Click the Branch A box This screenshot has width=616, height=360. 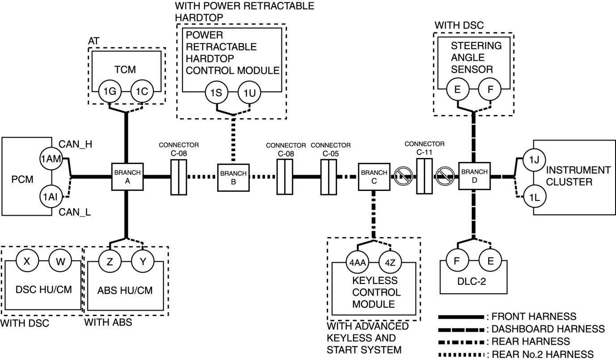click(x=127, y=177)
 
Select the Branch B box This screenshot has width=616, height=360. click(x=233, y=178)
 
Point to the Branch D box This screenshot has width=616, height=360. click(x=475, y=177)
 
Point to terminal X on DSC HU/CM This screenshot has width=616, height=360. click(x=27, y=261)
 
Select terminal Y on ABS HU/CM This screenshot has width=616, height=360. click(x=143, y=261)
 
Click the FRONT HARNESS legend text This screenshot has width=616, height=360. click(x=532, y=317)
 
